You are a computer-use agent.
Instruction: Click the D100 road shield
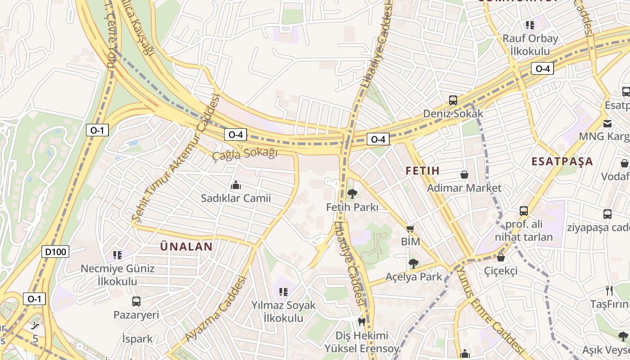click(56, 252)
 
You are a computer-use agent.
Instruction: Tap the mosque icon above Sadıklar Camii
click(235, 185)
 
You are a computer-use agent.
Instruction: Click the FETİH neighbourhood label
click(422, 171)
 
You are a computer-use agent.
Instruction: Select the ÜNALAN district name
click(186, 247)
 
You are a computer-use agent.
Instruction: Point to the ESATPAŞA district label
click(562, 162)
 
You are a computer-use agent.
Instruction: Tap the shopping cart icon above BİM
click(410, 229)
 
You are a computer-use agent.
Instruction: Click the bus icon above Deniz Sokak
click(453, 100)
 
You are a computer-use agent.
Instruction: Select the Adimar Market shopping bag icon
click(464, 175)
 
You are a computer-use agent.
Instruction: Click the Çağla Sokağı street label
click(245, 154)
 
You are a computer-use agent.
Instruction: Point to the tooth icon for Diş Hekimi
click(361, 322)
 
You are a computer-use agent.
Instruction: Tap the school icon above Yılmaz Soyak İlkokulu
click(283, 292)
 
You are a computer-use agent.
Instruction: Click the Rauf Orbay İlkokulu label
click(530, 45)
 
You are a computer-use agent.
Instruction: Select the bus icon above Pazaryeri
click(136, 301)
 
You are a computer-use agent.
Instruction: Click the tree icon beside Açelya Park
click(413, 264)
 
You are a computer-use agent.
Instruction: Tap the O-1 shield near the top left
click(97, 130)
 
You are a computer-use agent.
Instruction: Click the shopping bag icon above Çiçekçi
click(500, 258)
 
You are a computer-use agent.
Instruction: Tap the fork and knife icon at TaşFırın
click(609, 291)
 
